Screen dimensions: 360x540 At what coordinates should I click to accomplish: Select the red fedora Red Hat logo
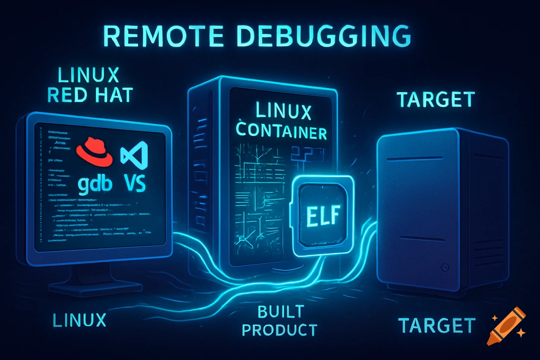click(94, 152)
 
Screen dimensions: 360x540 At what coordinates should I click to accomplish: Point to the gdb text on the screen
click(95, 184)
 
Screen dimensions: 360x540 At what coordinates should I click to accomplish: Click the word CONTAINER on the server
click(281, 131)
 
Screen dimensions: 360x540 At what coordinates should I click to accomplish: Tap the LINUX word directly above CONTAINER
click(283, 110)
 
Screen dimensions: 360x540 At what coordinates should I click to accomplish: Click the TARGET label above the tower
click(436, 99)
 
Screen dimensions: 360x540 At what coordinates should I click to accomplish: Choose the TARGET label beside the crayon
click(437, 326)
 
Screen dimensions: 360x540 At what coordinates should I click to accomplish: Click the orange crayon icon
click(506, 326)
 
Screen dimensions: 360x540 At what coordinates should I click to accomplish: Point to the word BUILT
click(281, 312)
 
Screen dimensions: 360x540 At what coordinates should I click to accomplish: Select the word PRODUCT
click(279, 330)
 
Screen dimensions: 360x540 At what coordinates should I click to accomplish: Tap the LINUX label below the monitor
click(79, 320)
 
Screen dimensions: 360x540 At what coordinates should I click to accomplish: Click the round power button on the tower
click(445, 268)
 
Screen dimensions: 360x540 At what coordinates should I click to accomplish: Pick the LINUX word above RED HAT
click(89, 75)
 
